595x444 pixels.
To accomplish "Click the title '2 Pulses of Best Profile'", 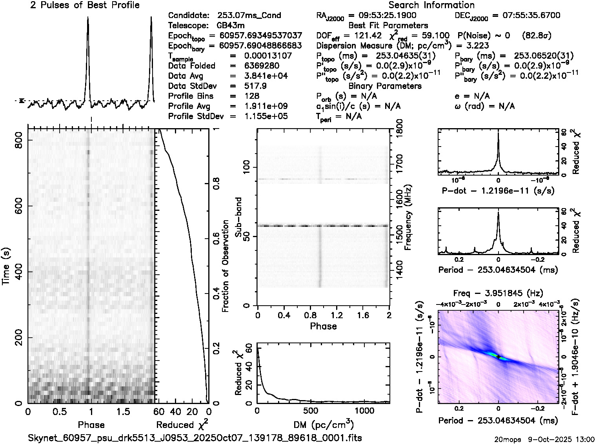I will coord(85,5).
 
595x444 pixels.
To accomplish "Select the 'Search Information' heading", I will coord(431,5).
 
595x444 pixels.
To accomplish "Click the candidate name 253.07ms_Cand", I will coord(249,15).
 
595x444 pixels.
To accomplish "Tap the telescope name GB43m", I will coord(231,25).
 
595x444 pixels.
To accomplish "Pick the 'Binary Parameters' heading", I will coord(385,86).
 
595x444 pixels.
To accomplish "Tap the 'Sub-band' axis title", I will coord(238,217).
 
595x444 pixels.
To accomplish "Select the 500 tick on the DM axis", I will coord(311,411).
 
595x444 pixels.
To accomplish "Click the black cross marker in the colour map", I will coord(498,357).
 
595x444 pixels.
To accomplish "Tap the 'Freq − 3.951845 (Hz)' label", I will coord(498,293).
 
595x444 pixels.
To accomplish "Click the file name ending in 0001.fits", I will coord(195,438).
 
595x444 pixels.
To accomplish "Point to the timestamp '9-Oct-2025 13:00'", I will coord(564,439).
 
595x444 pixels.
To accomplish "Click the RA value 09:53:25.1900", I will coord(382,15).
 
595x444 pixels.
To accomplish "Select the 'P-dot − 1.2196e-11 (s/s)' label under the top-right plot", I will coord(498,191).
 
